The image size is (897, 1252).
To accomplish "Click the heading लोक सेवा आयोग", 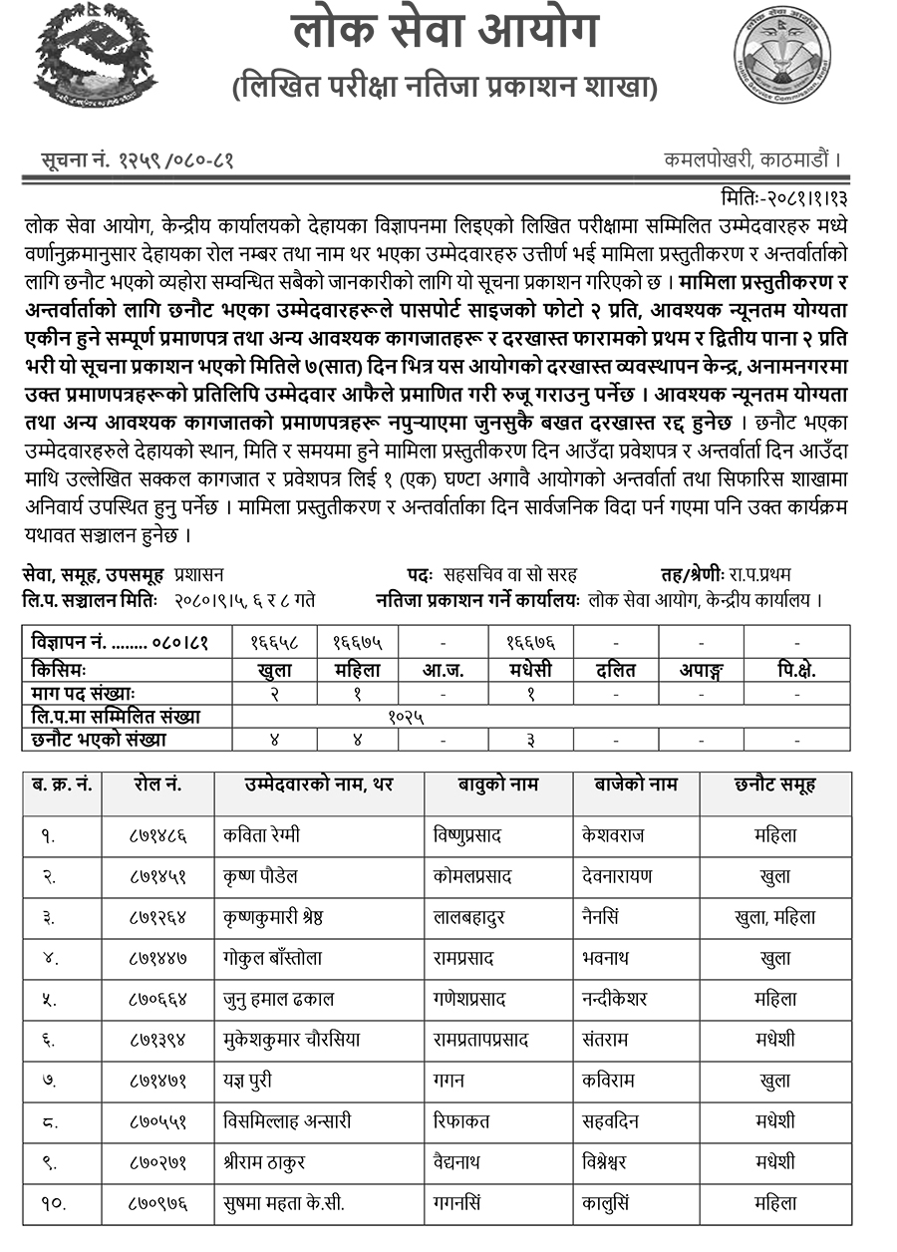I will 445,32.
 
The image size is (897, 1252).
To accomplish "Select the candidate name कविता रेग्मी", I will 262,834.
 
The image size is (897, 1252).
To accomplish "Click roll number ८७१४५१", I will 157,876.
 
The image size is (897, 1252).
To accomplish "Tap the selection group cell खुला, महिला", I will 774,917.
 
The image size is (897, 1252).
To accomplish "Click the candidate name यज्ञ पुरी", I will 248,1081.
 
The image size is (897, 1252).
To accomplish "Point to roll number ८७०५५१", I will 157,1121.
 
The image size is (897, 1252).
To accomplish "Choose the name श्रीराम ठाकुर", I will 264,1162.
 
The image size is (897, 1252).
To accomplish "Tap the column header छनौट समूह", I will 774,784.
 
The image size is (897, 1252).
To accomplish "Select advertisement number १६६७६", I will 528,643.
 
